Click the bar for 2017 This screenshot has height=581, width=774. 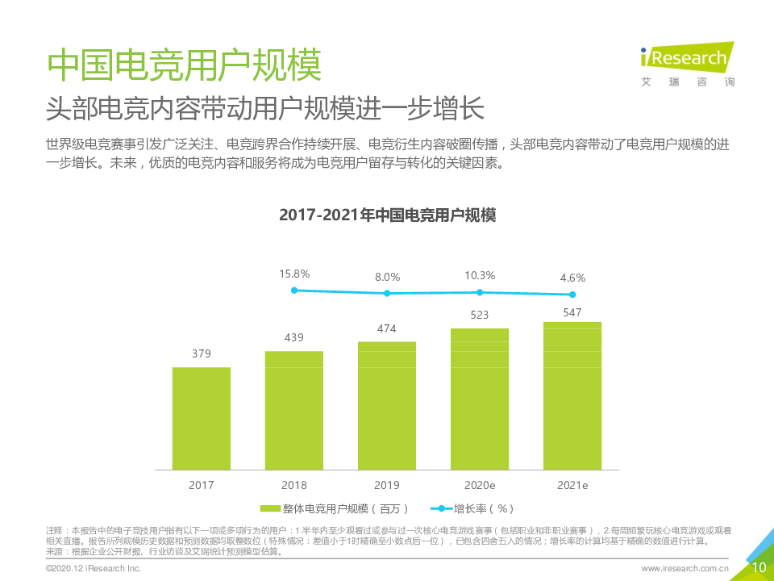202,418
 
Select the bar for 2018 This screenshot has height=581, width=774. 294,410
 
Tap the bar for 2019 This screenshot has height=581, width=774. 387,405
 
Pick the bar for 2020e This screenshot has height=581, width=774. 480,399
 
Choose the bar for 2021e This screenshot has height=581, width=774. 572,395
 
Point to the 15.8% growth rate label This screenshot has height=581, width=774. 294,274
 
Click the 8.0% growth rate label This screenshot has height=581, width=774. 387,277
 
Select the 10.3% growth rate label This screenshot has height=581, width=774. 480,275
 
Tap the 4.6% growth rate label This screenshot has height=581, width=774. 572,278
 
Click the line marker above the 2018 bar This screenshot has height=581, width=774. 294,290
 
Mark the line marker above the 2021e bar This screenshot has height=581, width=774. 572,295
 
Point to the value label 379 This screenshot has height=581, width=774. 202,353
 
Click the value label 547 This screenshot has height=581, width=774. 572,311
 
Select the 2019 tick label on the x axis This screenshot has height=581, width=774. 387,485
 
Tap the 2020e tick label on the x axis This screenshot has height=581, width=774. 480,485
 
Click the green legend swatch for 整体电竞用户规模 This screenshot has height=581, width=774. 270,508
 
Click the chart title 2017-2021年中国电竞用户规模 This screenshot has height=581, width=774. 387,215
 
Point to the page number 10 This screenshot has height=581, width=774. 759,567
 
